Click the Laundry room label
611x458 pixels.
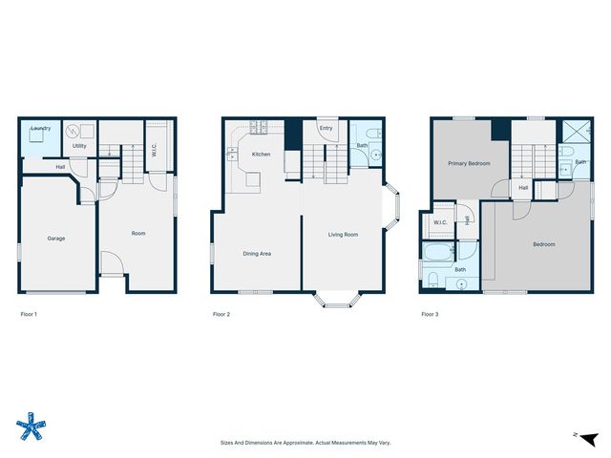coord(40,128)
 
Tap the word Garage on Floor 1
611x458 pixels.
coord(56,238)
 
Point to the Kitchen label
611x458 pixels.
coord(262,154)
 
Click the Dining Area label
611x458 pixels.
coord(257,253)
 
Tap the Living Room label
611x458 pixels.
coord(343,234)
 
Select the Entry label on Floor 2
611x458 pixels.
coord(326,128)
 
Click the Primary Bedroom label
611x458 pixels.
coord(470,163)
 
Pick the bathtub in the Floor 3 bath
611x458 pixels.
coord(439,254)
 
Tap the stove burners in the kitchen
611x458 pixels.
coord(259,126)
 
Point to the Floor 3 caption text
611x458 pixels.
coord(431,314)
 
